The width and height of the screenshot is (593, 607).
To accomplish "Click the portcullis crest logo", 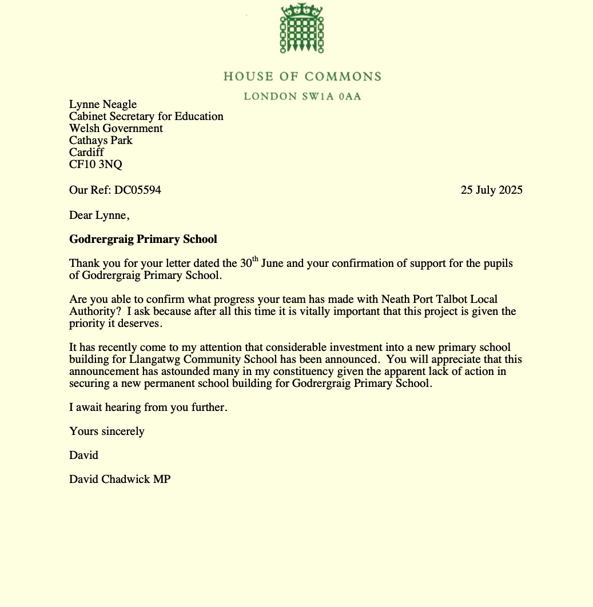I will click(302, 29).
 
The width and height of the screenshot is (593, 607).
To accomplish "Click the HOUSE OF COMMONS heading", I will click(302, 77).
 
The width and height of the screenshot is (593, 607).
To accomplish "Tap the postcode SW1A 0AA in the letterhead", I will click(331, 96).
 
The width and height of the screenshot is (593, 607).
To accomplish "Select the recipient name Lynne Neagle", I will click(103, 104).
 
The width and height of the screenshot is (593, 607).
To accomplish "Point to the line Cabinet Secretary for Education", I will click(146, 116).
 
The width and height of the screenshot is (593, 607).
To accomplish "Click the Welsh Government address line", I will click(116, 128).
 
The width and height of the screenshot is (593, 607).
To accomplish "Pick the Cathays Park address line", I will click(101, 140).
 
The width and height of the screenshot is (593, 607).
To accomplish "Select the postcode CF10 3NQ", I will click(95, 165).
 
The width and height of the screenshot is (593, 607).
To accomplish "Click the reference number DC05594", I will click(137, 190).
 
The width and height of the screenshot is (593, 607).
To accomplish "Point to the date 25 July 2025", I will click(491, 190).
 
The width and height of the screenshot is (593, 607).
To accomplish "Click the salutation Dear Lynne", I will click(100, 215).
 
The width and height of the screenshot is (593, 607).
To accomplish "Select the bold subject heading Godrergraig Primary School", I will click(143, 239).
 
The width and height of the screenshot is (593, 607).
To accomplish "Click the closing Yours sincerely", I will click(106, 431).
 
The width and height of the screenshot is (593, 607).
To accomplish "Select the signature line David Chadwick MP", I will click(120, 479).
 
